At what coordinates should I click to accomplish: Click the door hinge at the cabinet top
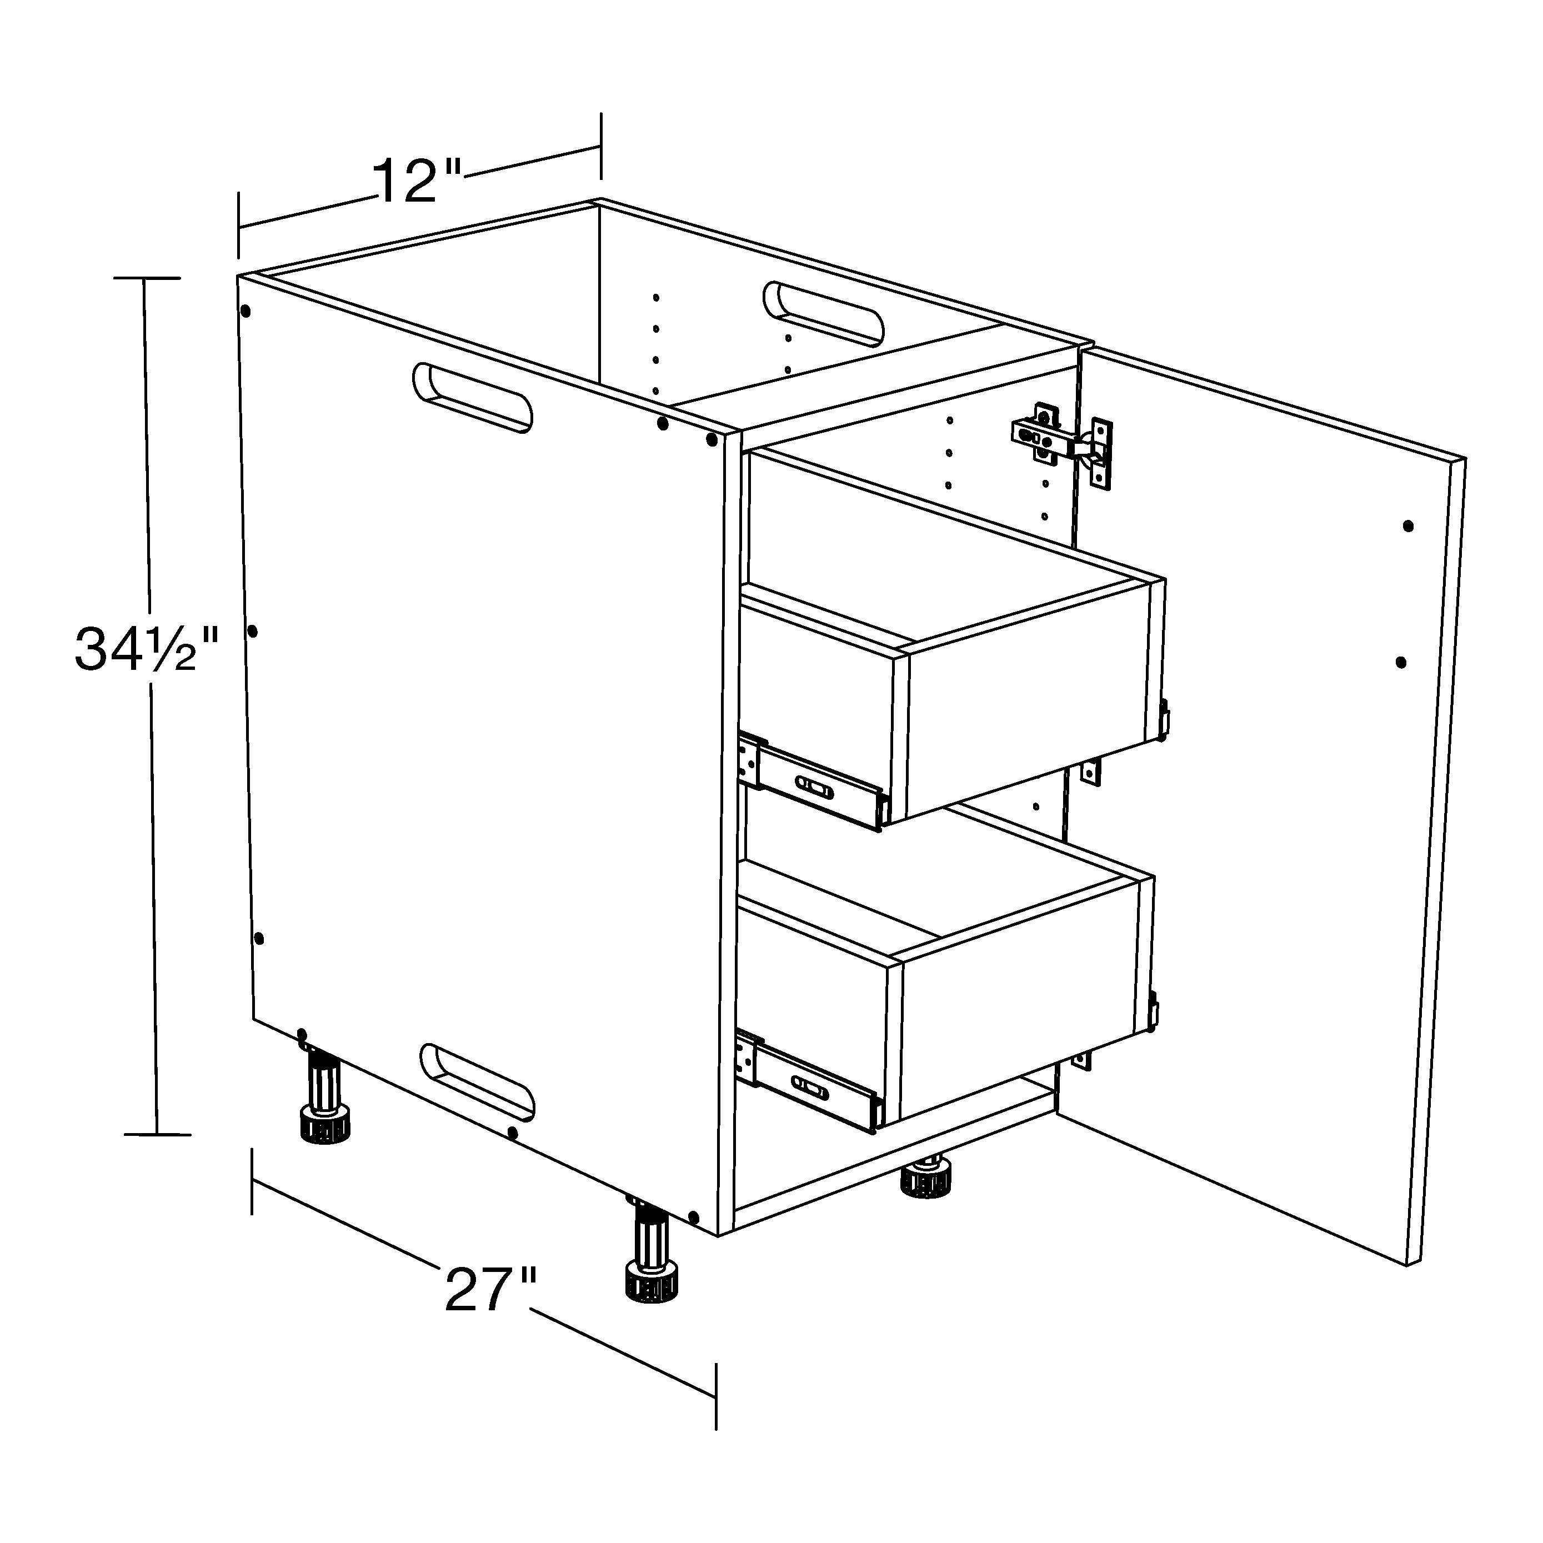coord(1062,445)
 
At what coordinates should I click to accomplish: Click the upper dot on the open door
coord(1408,527)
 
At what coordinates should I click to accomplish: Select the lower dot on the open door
coord(1401,662)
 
